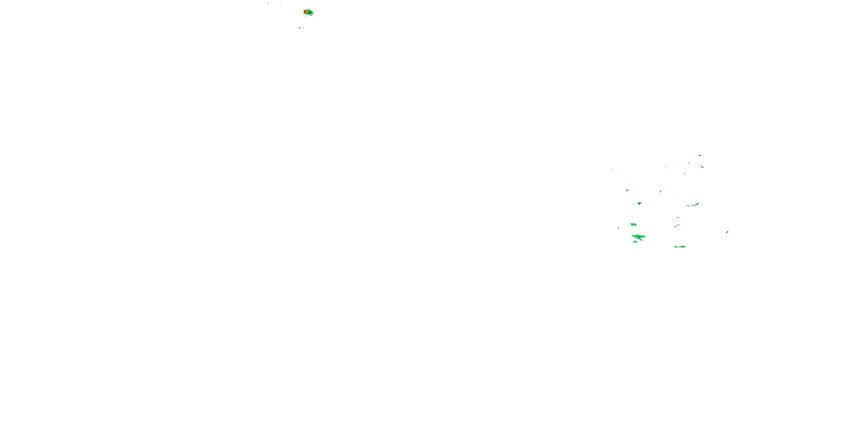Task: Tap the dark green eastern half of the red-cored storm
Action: click(310, 13)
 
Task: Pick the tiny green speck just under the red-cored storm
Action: click(305, 16)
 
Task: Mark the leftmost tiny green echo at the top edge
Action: click(268, 3)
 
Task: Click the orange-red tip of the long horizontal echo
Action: click(675, 247)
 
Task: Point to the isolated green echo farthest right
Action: click(727, 232)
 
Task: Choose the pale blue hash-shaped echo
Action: click(627, 190)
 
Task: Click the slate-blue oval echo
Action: click(660, 192)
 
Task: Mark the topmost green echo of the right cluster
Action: click(699, 155)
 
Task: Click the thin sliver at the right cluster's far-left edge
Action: click(612, 170)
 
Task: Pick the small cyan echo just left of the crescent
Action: click(687, 206)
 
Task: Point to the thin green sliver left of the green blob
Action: click(618, 228)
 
